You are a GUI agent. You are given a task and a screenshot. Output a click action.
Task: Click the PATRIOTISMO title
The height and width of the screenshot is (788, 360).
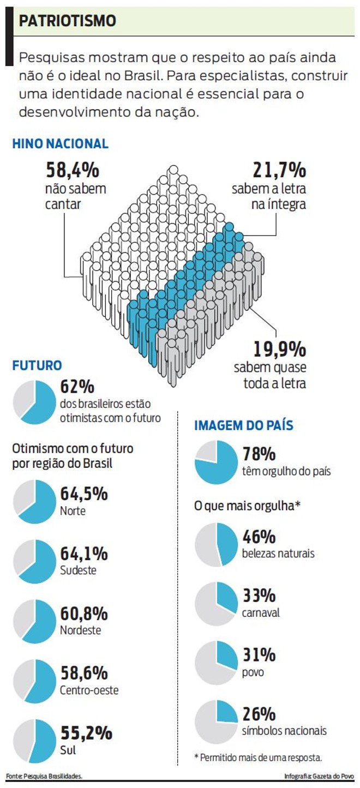(x=68, y=21)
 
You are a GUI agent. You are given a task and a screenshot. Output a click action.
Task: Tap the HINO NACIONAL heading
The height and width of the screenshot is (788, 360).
(x=61, y=144)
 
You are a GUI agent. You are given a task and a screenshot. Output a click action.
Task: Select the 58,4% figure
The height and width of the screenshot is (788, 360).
(x=73, y=171)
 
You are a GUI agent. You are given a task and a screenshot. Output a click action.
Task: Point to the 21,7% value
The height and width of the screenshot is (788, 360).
(x=279, y=171)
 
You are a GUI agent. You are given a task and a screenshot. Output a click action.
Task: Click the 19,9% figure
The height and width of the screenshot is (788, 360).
(x=279, y=348)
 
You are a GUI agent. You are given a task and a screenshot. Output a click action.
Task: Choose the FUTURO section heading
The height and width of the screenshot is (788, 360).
(x=37, y=365)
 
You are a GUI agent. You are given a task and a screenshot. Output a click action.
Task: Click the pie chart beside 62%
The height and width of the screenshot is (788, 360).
(x=34, y=402)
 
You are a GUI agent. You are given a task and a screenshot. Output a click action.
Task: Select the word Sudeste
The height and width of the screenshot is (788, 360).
(x=78, y=570)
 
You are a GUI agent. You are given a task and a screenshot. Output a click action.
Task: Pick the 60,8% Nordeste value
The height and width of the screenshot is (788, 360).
(x=83, y=613)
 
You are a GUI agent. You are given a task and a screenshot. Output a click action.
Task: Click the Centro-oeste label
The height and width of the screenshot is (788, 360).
(x=89, y=690)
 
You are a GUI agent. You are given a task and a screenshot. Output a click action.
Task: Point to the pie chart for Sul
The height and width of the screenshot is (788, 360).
(x=34, y=741)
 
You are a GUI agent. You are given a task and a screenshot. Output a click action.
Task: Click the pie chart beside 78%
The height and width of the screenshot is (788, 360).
(x=216, y=463)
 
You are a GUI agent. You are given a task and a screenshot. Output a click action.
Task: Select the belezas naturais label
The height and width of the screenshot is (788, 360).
(x=278, y=553)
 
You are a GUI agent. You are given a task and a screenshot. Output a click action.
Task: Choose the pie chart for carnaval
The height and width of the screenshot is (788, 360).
(x=216, y=603)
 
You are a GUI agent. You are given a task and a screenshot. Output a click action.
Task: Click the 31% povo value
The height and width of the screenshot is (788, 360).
(x=259, y=655)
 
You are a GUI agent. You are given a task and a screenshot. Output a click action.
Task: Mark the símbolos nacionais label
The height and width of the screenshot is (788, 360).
(x=284, y=731)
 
